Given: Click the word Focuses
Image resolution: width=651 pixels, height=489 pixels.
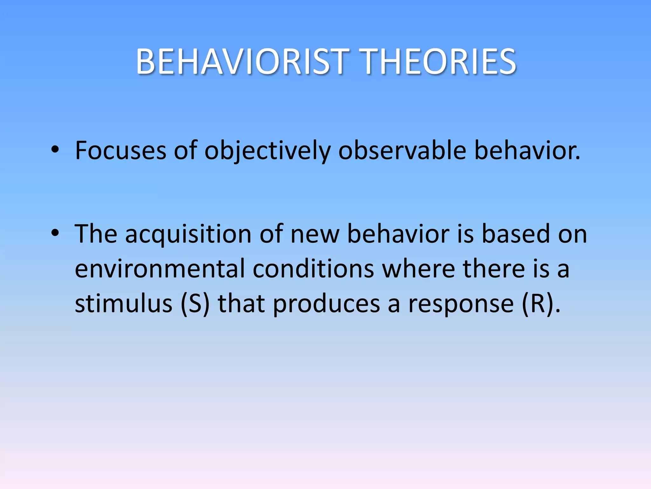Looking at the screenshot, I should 120,150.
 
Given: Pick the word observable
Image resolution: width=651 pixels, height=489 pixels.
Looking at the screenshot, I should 402,150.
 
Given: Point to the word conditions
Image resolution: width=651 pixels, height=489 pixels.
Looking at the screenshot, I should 313,269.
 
